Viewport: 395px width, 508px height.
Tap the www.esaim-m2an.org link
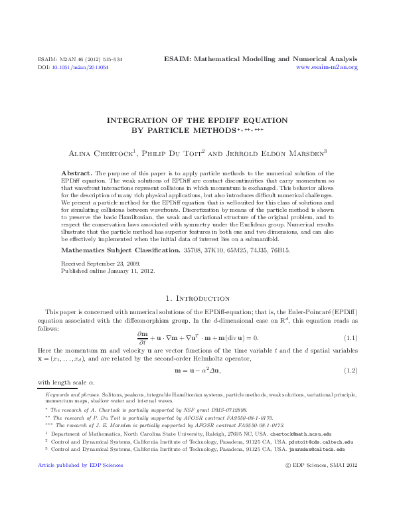327,68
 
